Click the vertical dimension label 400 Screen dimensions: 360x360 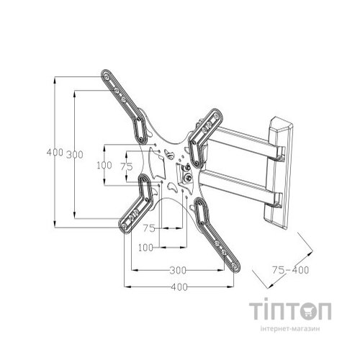55,152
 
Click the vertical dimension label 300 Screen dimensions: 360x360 75,155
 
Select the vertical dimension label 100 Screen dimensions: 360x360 104,165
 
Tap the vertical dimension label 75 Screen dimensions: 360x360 127,166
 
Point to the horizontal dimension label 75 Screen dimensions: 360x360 149,228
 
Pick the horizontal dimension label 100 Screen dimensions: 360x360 145,247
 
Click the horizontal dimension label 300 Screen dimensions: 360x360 178,271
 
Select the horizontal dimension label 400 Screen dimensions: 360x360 179,287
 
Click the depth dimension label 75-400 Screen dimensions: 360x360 291,270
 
